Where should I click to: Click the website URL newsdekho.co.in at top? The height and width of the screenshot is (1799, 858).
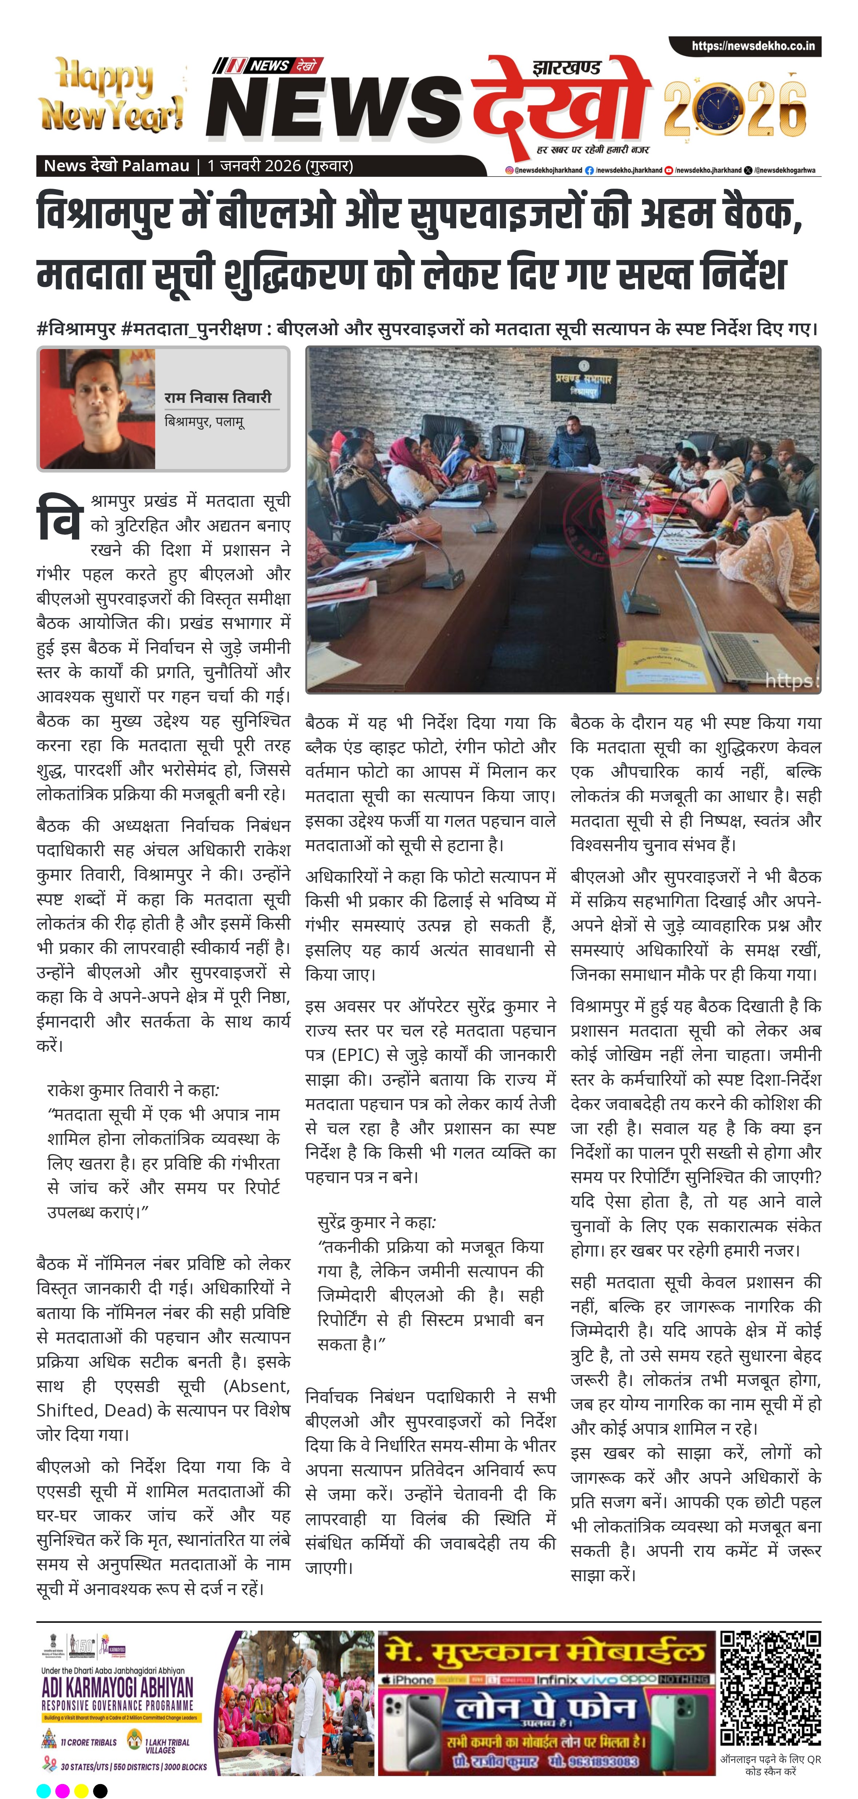pyautogui.click(x=753, y=46)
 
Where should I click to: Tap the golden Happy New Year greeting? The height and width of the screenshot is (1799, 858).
pyautogui.click(x=112, y=96)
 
